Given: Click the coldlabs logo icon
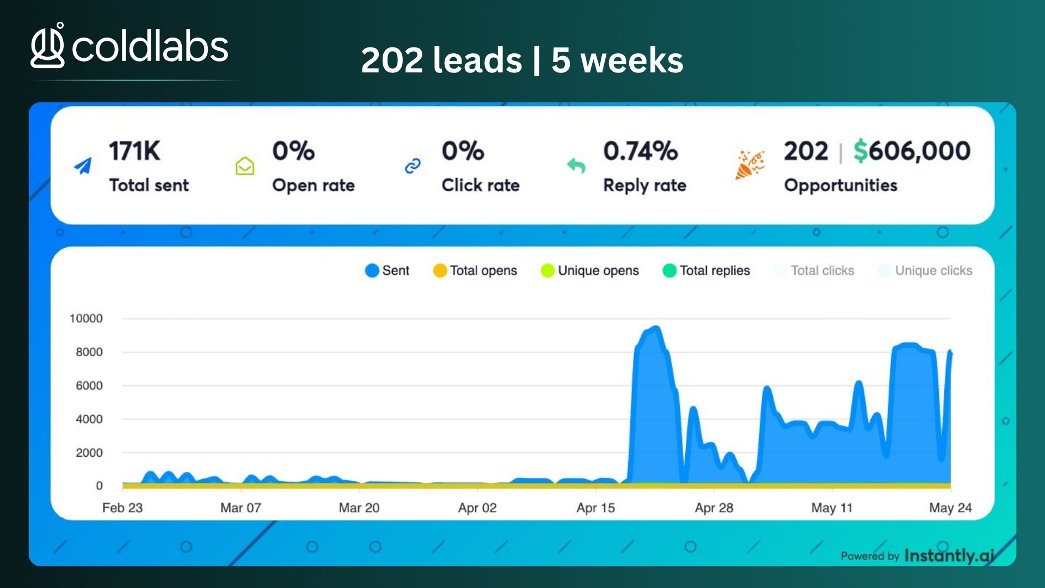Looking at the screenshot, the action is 48,46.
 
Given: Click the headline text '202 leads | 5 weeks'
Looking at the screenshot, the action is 522,60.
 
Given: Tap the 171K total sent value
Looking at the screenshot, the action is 134,151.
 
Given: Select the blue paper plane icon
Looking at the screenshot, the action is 83,166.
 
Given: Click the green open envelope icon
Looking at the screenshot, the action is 245,166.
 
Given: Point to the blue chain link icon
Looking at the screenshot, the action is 413,166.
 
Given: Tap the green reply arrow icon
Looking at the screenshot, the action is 576,166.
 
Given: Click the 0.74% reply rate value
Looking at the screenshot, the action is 641,151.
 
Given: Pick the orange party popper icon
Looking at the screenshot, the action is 749,165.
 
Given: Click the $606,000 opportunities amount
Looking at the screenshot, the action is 912,151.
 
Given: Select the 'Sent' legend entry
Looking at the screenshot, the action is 388,271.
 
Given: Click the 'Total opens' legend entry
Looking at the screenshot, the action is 475,271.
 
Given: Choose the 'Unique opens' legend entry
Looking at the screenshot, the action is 590,271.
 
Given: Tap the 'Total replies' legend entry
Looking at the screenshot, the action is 706,271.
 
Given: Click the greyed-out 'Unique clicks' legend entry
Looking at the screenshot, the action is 925,271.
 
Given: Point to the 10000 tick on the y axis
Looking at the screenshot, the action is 86,318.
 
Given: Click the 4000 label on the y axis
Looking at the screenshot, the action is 89,419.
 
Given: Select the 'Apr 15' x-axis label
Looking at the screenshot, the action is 595,508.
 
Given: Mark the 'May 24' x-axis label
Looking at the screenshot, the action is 950,508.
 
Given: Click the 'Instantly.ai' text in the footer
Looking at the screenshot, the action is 949,555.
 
